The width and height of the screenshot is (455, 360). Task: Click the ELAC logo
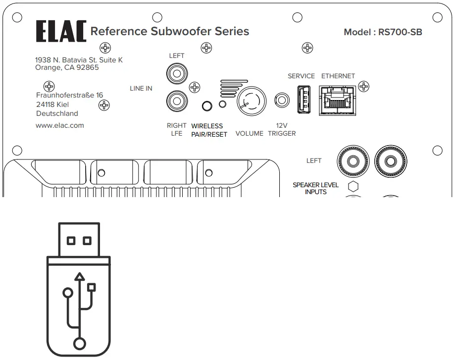click(60, 32)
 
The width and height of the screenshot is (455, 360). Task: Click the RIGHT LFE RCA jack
click(176, 102)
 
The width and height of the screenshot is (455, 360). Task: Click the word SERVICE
click(301, 76)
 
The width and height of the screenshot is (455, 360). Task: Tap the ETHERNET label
click(338, 76)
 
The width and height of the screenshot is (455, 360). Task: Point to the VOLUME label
click(249, 134)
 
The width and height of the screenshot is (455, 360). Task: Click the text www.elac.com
click(60, 125)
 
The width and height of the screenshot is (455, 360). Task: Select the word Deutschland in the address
click(57, 114)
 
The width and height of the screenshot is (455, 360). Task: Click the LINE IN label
click(141, 89)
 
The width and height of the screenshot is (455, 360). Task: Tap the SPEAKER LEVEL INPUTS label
click(315, 188)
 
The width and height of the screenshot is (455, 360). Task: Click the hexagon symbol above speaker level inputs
click(354, 187)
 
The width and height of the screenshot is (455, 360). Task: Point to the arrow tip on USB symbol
click(79, 276)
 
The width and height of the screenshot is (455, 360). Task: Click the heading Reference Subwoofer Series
click(169, 32)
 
